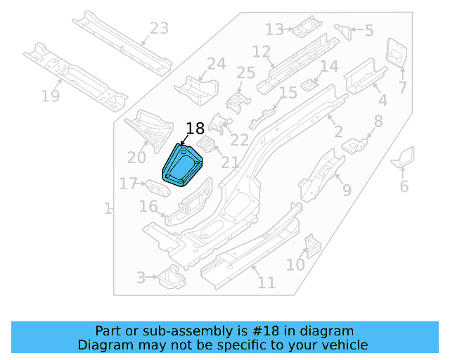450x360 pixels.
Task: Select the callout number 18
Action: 195,128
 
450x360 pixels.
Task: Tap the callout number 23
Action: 160,29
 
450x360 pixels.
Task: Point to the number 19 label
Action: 51,96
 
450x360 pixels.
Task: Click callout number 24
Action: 216,65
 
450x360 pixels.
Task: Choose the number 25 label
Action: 245,73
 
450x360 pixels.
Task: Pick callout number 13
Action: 274,30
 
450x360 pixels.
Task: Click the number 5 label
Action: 369,31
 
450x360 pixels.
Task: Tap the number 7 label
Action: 403,88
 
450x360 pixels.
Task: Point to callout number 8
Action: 379,121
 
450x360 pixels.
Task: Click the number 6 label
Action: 404,186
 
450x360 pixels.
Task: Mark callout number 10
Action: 295,265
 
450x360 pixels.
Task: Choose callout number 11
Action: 266,283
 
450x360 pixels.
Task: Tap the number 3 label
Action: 141,278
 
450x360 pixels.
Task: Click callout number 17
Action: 127,184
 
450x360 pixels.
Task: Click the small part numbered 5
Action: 344,30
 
